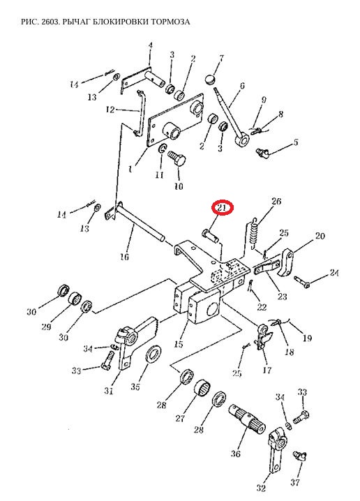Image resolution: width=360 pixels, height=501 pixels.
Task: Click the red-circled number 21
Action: [223, 209]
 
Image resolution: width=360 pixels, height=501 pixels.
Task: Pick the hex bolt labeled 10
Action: [177, 158]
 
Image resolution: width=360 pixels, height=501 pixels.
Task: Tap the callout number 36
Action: [235, 453]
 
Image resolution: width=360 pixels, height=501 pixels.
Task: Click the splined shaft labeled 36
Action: [248, 418]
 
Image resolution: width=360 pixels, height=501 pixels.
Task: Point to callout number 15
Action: [179, 343]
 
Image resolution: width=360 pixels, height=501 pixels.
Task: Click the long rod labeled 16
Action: [140, 223]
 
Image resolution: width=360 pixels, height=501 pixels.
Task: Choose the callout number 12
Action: [110, 110]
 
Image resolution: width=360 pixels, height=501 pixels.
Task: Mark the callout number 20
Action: [320, 236]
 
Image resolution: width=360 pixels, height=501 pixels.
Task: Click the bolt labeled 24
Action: [302, 281]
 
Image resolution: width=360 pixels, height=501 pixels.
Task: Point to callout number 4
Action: [151, 45]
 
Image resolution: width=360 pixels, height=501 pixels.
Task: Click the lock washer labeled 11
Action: [162, 148]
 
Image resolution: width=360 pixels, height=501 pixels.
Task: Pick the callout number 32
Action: [261, 488]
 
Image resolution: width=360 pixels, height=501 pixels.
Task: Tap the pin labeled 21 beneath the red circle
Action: [210, 235]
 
